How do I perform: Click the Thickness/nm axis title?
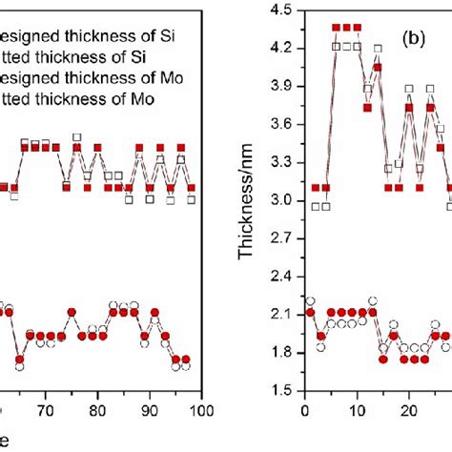pos(251,200)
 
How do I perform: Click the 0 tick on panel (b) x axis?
pos(304,410)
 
